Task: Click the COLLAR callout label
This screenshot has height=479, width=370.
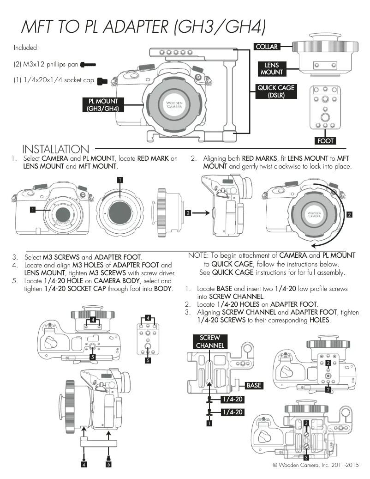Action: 267,47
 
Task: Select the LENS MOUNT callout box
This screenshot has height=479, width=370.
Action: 272,69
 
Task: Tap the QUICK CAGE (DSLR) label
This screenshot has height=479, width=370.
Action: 276,91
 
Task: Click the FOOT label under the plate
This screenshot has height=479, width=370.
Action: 325,140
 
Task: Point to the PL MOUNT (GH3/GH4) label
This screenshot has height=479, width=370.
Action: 101,105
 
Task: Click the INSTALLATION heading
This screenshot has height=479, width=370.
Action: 55,149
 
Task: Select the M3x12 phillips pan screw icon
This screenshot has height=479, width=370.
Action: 88,64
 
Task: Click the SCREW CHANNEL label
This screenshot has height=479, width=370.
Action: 210,342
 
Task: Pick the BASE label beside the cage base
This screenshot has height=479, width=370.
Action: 254,385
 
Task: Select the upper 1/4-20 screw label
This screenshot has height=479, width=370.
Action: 233,399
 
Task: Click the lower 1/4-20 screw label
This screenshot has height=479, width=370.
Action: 233,412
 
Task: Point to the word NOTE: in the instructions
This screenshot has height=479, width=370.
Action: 198,255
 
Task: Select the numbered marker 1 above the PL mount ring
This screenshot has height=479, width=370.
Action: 119,179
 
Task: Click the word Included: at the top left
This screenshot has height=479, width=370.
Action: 26,48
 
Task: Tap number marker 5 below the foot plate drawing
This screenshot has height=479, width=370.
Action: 148,360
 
